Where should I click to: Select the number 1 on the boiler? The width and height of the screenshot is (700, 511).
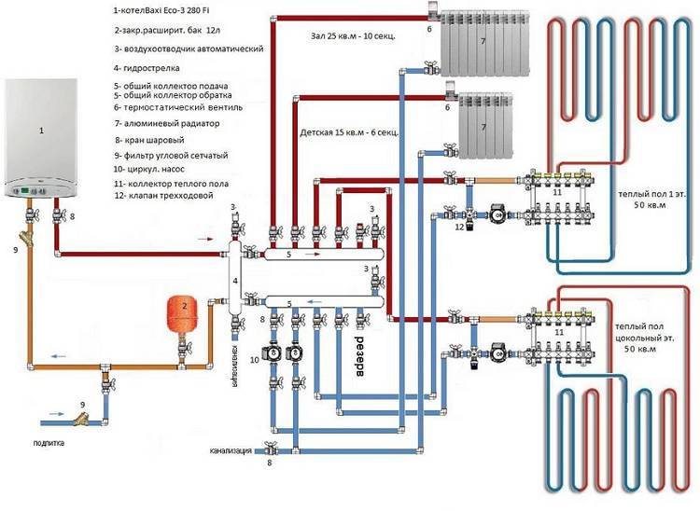click(41, 131)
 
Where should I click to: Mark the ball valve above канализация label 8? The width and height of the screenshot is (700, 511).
click(269, 450)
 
